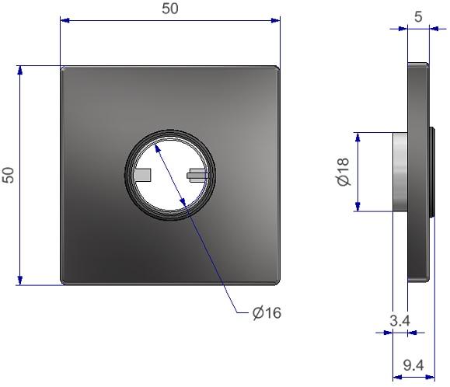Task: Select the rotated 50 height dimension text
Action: click(x=9, y=174)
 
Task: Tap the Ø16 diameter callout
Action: click(x=267, y=313)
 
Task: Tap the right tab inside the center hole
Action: click(x=197, y=175)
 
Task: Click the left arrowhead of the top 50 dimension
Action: click(x=65, y=21)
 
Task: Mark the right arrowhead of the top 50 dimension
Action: click(x=274, y=21)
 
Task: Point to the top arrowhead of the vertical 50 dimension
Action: click(x=21, y=71)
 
